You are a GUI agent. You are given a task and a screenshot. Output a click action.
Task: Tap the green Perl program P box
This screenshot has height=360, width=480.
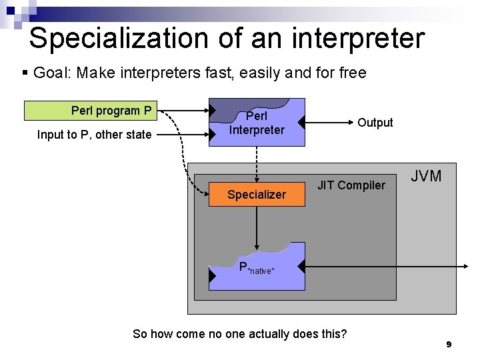tap(91, 110)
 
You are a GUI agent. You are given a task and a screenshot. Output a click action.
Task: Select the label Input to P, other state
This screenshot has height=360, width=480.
tap(94, 135)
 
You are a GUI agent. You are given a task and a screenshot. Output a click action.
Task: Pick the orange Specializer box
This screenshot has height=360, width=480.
tap(257, 195)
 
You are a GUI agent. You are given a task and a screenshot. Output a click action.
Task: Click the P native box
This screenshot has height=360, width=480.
tap(257, 267)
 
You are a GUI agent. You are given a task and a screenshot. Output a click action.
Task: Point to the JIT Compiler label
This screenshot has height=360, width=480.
tap(351, 185)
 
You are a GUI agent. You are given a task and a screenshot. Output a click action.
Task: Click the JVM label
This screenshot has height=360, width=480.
tap(426, 176)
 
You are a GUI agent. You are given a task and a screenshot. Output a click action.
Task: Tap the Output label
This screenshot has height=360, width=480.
tap(375, 123)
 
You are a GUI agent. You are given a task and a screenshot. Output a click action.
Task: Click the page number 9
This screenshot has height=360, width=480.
tap(449, 345)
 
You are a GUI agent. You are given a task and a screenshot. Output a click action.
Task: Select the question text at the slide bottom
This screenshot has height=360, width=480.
tap(240, 333)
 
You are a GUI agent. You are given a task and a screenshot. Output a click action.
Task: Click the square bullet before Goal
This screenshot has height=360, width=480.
tap(25, 73)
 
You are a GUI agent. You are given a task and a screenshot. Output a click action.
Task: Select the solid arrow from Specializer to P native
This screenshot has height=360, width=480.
tap(257, 227)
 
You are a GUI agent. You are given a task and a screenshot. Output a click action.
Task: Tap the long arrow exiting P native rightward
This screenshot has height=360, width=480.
tap(387, 267)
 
